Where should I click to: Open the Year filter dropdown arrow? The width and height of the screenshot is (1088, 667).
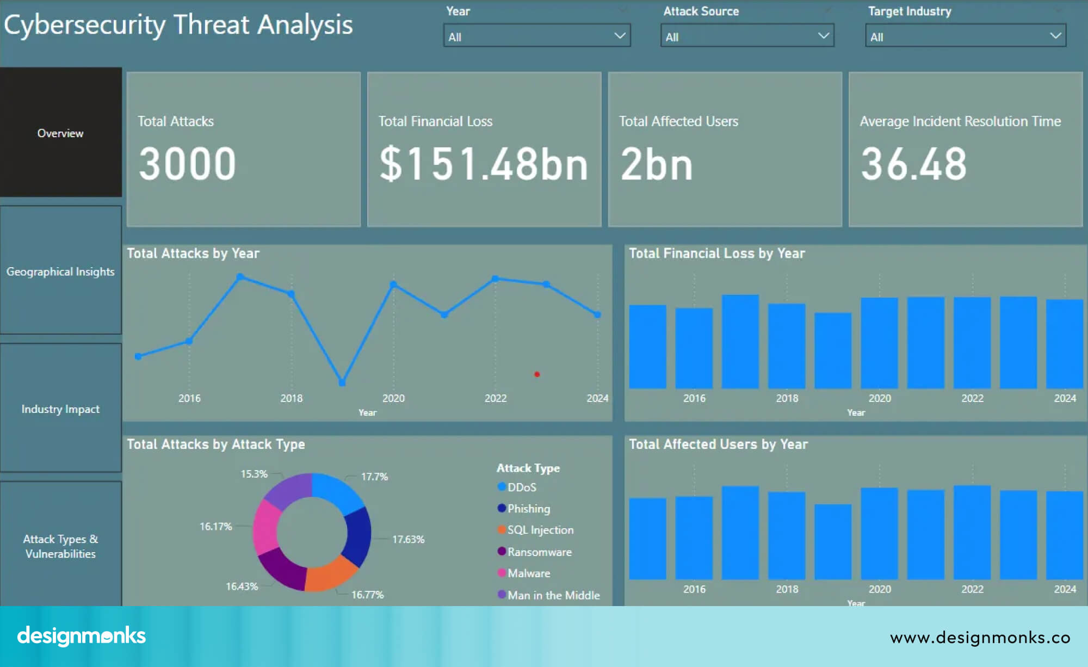click(619, 36)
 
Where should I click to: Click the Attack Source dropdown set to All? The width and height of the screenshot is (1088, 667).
click(746, 36)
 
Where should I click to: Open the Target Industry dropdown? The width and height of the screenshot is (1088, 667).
click(965, 36)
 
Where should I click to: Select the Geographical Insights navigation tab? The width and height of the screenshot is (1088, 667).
click(60, 271)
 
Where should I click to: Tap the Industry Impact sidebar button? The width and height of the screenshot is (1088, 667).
click(60, 409)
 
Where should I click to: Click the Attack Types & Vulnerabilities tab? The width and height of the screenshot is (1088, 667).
click(60, 546)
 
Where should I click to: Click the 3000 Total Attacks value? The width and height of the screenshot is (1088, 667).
click(187, 164)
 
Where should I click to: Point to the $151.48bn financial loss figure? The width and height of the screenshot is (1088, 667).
click(483, 164)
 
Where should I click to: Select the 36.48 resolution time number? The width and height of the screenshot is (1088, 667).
click(913, 164)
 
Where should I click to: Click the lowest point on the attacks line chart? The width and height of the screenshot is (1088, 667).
click(342, 382)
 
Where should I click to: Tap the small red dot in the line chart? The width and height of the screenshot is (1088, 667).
click(537, 374)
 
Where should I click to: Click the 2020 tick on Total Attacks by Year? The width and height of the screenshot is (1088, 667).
click(393, 398)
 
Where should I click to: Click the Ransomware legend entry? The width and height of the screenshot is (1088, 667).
click(539, 552)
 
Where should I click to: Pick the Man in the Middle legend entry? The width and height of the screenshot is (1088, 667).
click(553, 595)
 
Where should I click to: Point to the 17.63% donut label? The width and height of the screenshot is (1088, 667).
click(408, 539)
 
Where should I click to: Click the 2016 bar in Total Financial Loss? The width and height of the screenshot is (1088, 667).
click(694, 348)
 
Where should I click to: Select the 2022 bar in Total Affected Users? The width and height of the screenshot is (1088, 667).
click(972, 533)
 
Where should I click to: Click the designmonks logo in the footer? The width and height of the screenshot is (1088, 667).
click(82, 635)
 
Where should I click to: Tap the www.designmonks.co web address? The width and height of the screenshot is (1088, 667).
click(980, 637)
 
